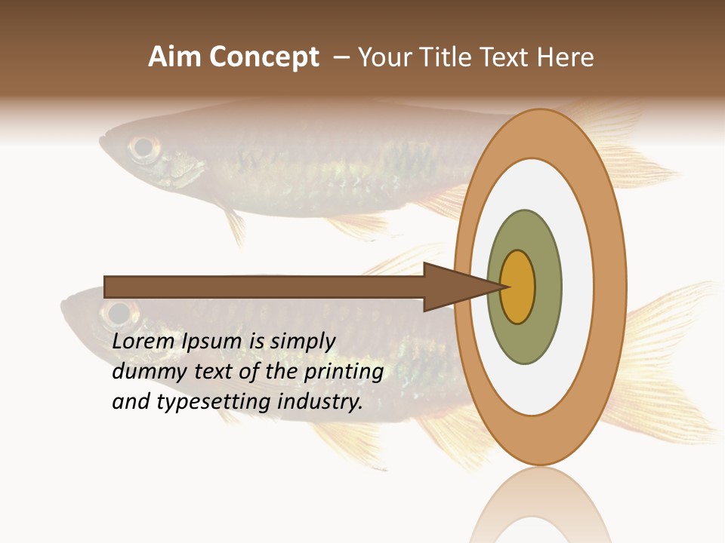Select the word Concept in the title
point(265,57)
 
